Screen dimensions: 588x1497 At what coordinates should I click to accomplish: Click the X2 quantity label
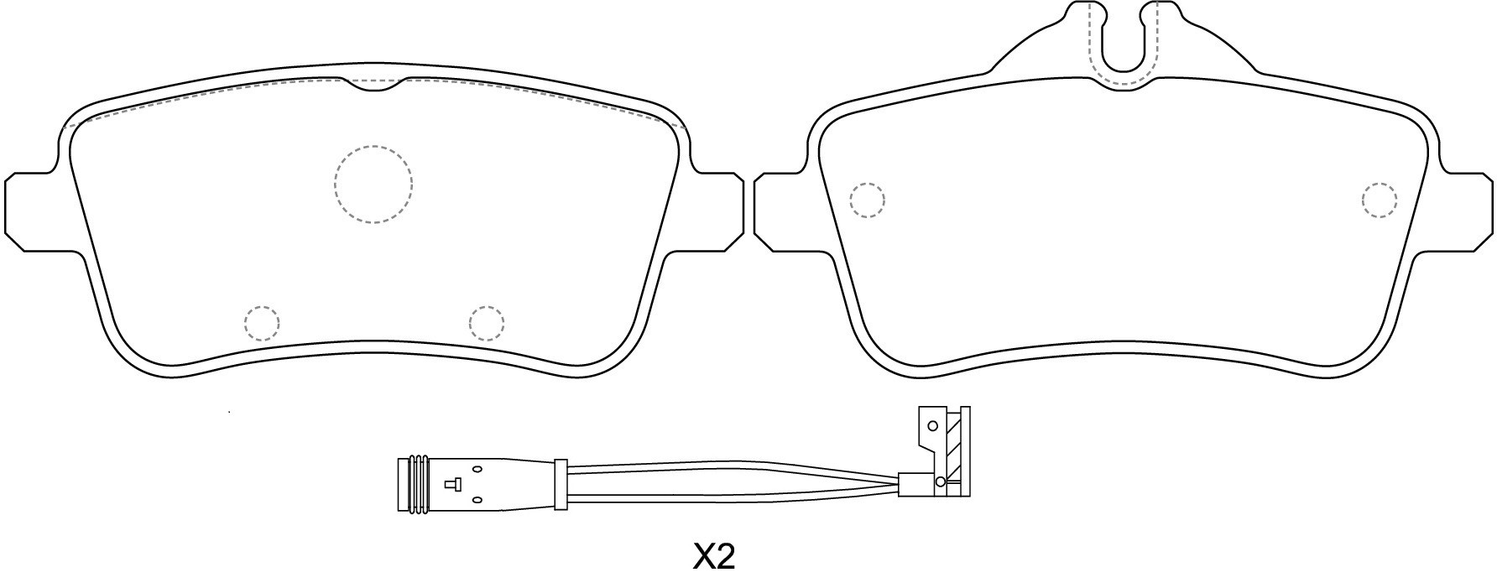click(x=714, y=556)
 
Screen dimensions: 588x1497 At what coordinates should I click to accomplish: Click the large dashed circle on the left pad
click(x=373, y=185)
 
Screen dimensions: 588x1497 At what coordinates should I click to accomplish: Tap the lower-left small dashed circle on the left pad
click(x=262, y=323)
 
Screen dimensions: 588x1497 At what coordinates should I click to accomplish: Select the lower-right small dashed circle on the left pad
click(x=487, y=323)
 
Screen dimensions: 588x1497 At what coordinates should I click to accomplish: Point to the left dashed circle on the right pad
click(x=867, y=200)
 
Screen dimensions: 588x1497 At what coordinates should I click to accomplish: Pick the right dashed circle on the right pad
click(x=1380, y=200)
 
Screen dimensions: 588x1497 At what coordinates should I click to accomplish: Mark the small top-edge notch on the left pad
click(x=374, y=85)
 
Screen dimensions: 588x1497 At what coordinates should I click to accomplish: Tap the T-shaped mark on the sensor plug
click(x=452, y=483)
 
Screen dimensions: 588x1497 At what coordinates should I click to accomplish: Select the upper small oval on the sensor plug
click(x=477, y=468)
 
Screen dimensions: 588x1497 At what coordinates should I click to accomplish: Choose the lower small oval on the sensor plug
click(x=477, y=500)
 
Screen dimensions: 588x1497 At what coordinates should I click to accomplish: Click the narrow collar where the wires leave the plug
click(x=560, y=484)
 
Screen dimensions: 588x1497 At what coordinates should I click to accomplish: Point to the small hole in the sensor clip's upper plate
click(x=932, y=426)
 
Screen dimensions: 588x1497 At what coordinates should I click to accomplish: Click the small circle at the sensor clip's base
click(x=940, y=481)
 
